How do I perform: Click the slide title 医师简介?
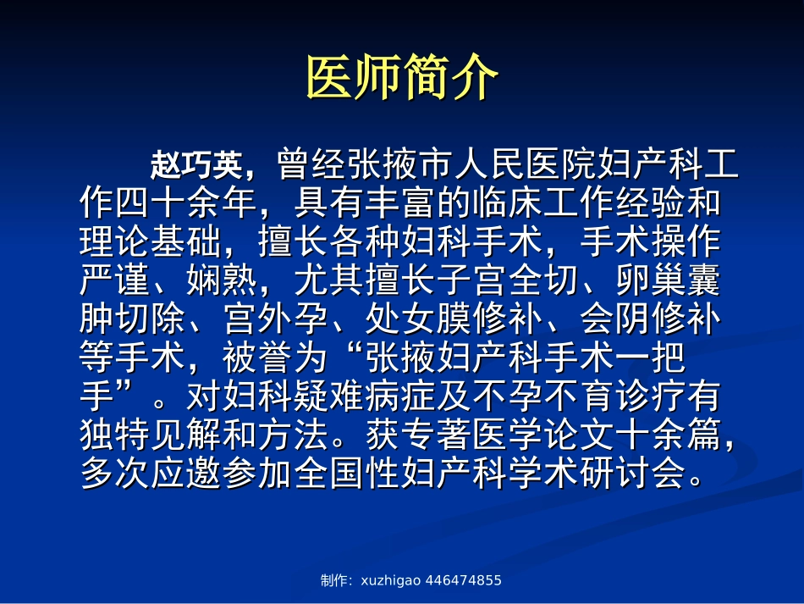coord(401,79)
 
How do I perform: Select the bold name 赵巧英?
coord(196,164)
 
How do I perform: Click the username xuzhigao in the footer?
coord(391,581)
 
